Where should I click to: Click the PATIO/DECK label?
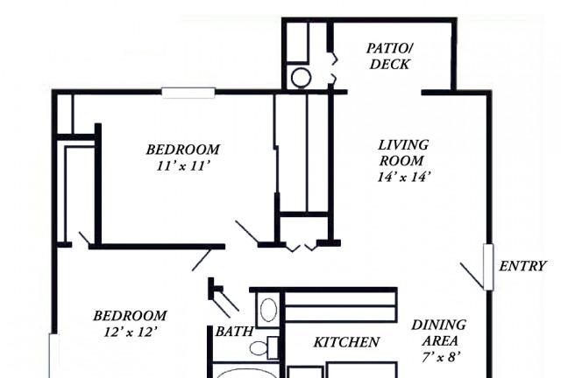(390, 56)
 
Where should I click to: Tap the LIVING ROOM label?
(403, 152)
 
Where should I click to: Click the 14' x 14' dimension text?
(403, 177)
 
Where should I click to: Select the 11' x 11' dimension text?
(182, 166)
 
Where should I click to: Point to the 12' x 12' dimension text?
(131, 332)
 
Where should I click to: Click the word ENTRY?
(522, 266)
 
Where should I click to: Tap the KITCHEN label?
(346, 342)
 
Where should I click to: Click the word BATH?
(234, 332)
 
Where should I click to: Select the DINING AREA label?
(439, 332)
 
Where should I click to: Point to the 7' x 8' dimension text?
(440, 357)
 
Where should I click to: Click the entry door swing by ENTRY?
(472, 275)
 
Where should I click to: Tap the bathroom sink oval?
(268, 310)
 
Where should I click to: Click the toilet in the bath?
(264, 347)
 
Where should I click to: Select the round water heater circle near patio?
(301, 78)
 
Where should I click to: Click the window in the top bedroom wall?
(188, 93)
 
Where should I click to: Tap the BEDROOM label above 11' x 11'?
(183, 150)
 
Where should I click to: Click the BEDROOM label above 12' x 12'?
(131, 316)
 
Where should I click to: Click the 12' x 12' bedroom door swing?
(202, 261)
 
